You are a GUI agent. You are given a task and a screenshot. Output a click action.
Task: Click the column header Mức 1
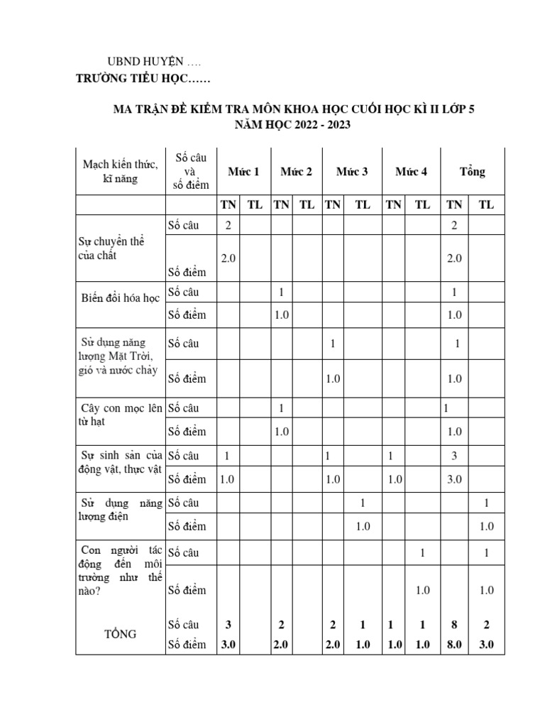click(243, 172)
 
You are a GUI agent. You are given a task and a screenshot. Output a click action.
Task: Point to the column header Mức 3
click(352, 172)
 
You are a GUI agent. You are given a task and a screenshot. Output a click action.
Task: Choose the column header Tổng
click(472, 172)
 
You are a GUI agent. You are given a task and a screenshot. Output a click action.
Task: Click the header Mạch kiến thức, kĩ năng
click(120, 172)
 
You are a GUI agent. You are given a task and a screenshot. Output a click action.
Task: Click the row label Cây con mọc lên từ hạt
click(120, 415)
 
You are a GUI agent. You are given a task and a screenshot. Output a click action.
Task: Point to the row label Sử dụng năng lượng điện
click(120, 509)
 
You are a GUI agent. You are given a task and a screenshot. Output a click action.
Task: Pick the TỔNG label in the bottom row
click(120, 634)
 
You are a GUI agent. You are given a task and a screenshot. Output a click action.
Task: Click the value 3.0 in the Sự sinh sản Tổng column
click(454, 479)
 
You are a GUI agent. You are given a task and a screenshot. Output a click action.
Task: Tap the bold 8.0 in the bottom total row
click(454, 645)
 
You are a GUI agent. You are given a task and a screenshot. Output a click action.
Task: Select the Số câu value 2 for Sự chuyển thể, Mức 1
click(228, 225)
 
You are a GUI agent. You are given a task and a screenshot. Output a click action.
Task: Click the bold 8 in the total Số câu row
click(454, 625)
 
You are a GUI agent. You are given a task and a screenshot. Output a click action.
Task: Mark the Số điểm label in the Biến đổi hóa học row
click(187, 315)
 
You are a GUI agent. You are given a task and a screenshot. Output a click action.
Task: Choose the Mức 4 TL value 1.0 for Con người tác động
click(422, 590)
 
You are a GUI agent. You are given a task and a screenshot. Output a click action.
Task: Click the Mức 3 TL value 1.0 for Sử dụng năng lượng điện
click(363, 526)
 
